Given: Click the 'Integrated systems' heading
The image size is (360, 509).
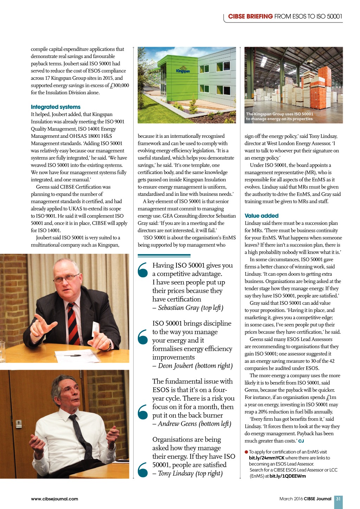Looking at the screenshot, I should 56,107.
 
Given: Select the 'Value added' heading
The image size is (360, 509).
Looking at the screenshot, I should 261,216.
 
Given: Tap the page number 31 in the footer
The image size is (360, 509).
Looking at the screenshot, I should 338,499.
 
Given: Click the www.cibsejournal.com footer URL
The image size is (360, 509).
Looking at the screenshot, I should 54,499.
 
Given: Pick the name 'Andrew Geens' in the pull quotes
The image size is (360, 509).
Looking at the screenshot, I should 177,424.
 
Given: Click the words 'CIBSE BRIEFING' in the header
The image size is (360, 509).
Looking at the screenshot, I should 250,17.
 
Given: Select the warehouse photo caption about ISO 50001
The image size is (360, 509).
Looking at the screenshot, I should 279,116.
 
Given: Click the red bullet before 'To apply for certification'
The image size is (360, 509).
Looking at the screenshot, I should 246,452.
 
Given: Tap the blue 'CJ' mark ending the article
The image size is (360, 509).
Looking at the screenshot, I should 301,441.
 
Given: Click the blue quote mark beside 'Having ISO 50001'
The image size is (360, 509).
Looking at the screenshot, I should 143,270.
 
